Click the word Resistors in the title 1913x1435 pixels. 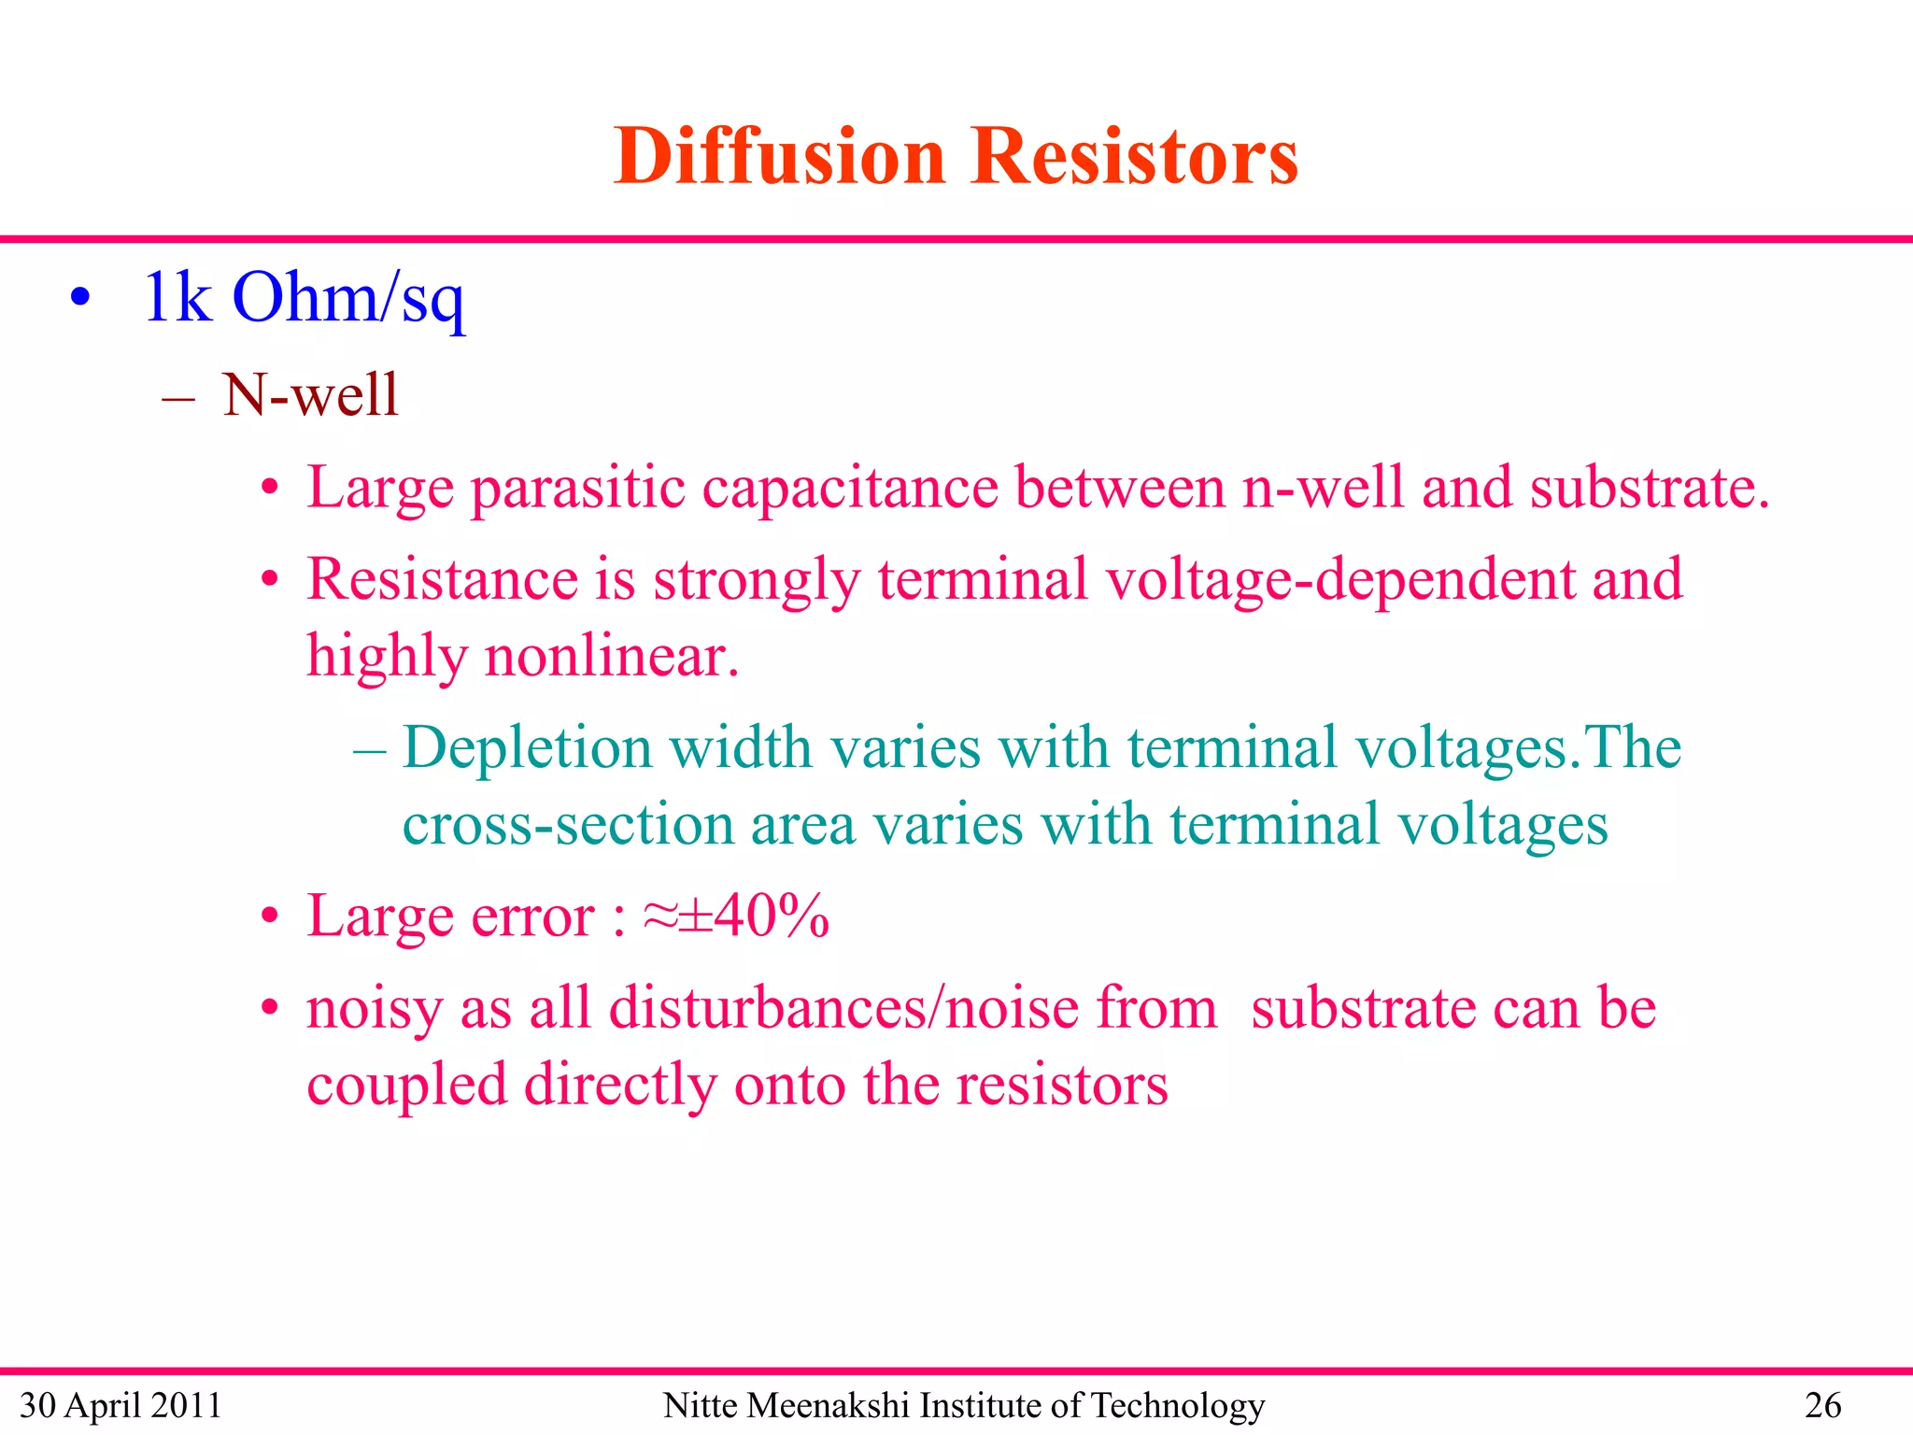click(x=1134, y=156)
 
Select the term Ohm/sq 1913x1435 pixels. click(x=347, y=299)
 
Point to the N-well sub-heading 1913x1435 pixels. click(x=310, y=394)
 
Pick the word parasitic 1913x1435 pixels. click(x=577, y=490)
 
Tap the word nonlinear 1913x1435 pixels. click(x=611, y=656)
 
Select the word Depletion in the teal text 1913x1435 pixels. click(x=527, y=749)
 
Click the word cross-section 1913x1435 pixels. click(x=568, y=825)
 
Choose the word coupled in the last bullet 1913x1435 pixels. click(x=406, y=1086)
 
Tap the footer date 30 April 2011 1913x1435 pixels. click(x=120, y=1405)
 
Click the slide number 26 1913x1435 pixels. click(x=1822, y=1405)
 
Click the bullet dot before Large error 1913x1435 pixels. click(x=270, y=916)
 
